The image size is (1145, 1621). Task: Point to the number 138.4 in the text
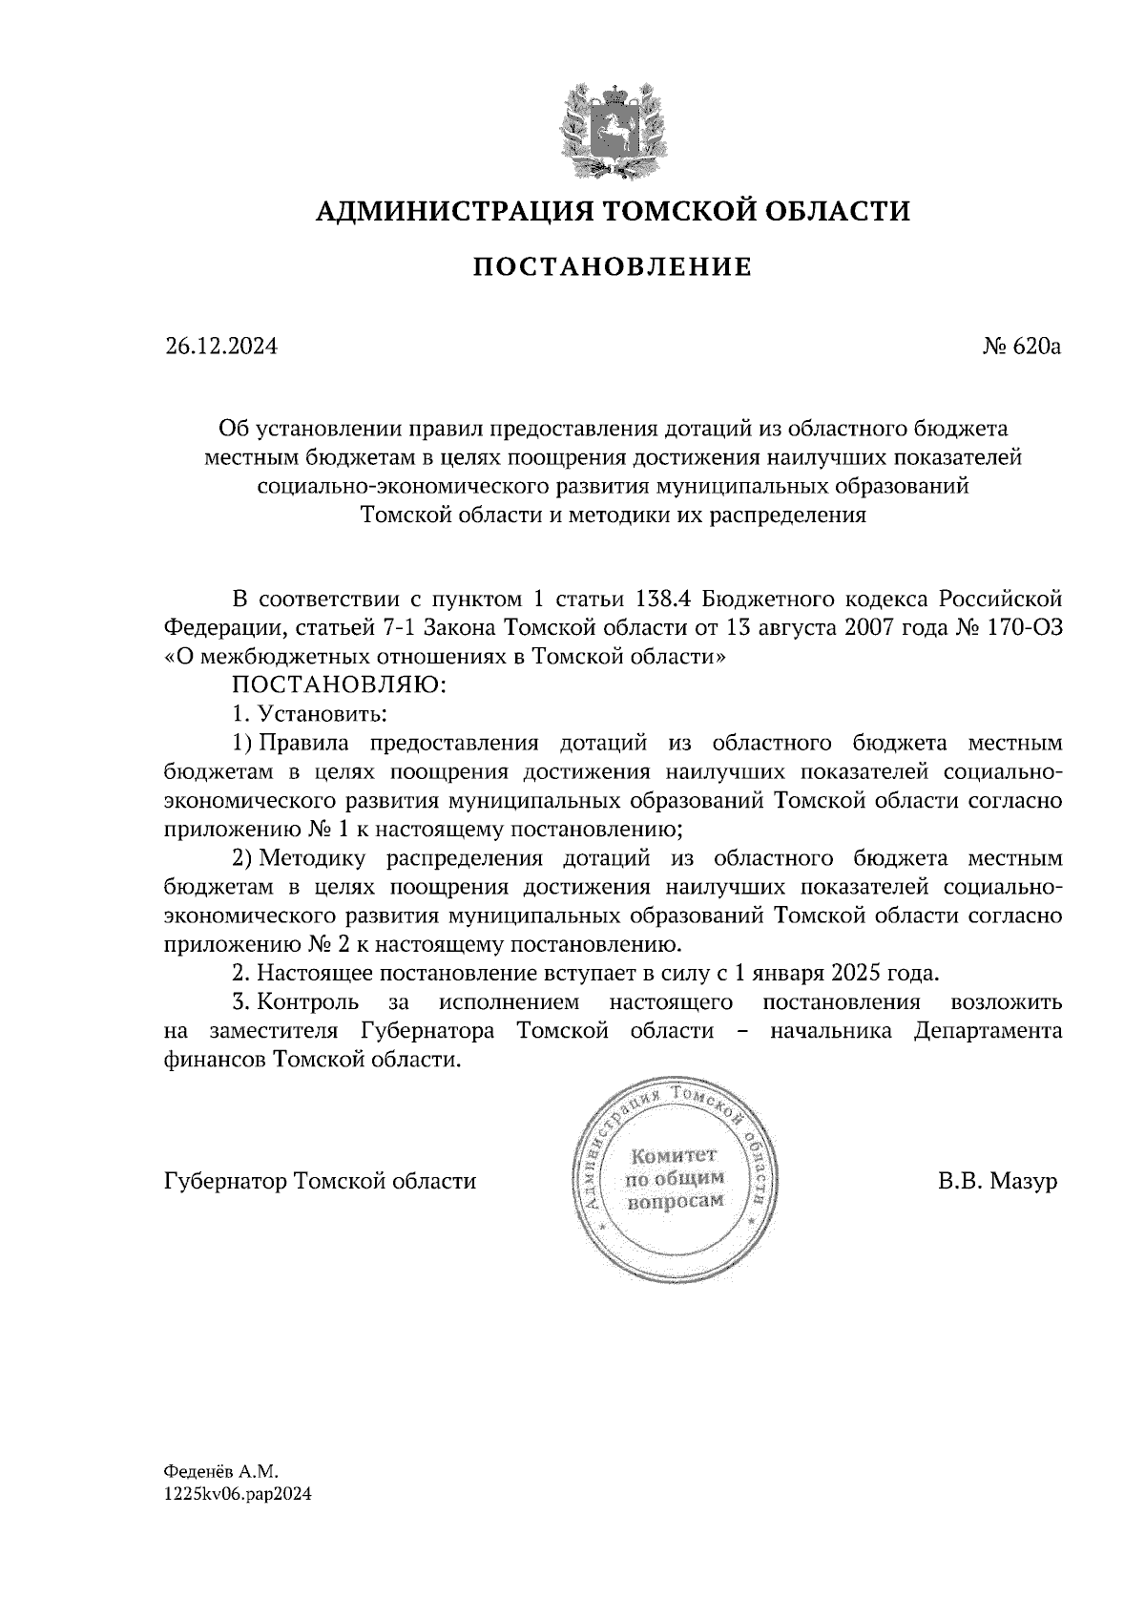click(x=663, y=600)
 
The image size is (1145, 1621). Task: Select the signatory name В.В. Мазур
click(x=997, y=1182)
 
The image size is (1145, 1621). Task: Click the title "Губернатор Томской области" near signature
click(x=321, y=1182)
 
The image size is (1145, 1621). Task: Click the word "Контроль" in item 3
click(x=309, y=1002)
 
